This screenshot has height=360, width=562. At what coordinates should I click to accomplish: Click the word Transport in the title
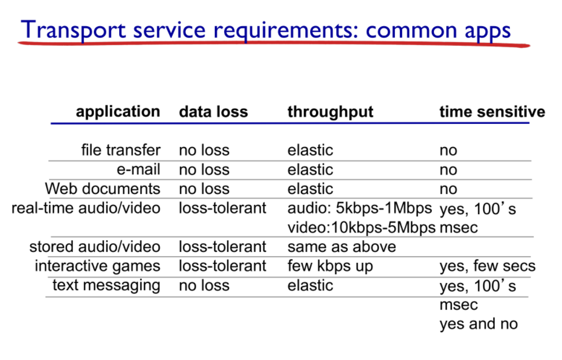click(x=74, y=30)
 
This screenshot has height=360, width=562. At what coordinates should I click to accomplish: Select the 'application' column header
click(x=118, y=112)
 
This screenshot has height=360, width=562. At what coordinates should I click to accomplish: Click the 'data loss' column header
click(x=213, y=112)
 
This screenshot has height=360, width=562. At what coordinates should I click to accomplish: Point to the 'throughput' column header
click(x=330, y=112)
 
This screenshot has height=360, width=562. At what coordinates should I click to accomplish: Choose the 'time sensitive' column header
click(x=492, y=112)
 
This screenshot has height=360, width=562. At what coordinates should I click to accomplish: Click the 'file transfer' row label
click(x=121, y=150)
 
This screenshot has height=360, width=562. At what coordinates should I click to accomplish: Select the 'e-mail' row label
click(x=138, y=169)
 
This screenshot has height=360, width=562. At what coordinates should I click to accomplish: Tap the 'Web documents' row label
click(x=102, y=189)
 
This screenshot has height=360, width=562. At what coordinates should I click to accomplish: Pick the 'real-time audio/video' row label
click(x=86, y=208)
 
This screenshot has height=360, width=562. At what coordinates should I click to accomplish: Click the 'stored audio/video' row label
click(x=94, y=247)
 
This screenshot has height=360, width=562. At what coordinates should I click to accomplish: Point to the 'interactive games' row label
click(x=97, y=266)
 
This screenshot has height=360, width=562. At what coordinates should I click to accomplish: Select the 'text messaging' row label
click(x=106, y=286)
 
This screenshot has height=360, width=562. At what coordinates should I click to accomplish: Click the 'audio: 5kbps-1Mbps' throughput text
click(x=359, y=208)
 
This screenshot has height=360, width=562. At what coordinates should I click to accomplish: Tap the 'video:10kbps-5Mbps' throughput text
click(x=361, y=227)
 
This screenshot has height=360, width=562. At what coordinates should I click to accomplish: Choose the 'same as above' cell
click(x=341, y=247)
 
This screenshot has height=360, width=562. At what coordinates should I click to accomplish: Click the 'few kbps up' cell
click(x=330, y=266)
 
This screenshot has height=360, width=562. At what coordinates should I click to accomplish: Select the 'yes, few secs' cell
click(x=487, y=266)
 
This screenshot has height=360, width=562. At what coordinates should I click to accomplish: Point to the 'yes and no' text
click(x=479, y=324)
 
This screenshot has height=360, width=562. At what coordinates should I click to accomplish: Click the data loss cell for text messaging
click(x=204, y=285)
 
